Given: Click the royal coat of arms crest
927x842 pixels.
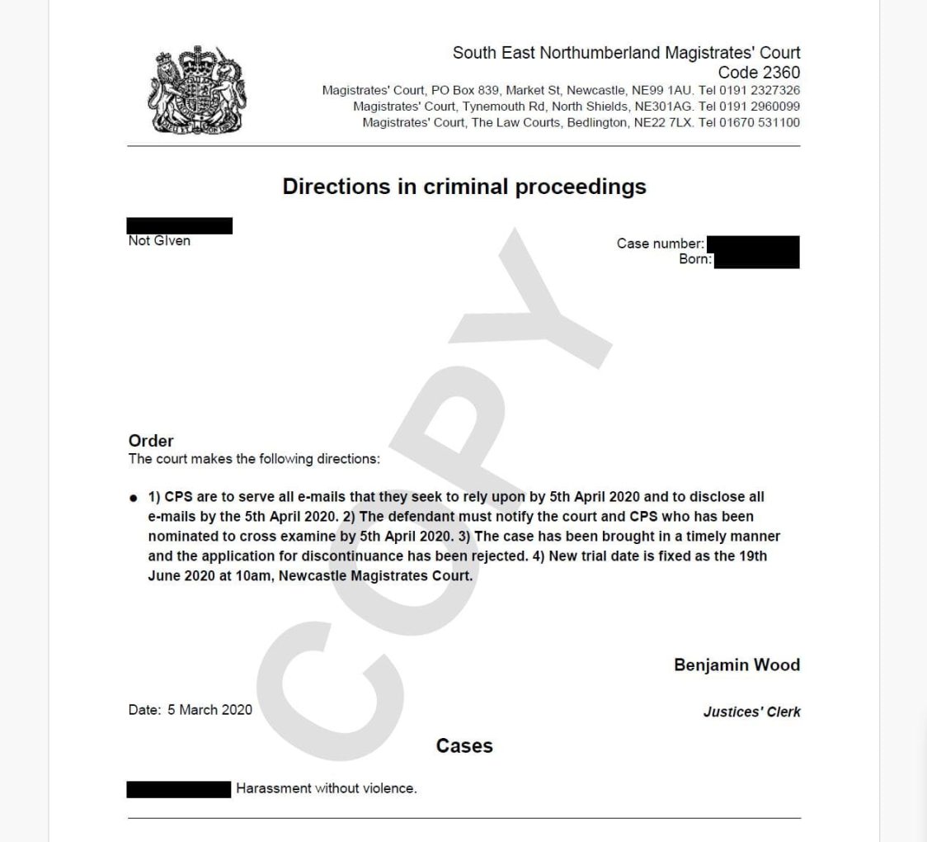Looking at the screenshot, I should coord(197,90).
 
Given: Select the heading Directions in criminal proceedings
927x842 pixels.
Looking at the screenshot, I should coord(464,187).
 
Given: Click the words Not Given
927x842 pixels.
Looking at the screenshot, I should coord(159,240).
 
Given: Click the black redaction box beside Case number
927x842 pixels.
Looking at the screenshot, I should coord(753,244).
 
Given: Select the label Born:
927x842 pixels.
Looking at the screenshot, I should coord(695,259).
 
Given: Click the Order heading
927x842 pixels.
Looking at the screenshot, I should coord(151,441).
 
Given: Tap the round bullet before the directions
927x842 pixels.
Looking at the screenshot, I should coord(134,498).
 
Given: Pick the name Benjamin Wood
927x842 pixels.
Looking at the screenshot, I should coord(736,665).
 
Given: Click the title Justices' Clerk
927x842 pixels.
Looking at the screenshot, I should coord(751,712).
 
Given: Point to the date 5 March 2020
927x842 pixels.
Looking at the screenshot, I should coord(209,709).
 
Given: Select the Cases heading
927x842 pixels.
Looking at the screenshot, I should coord(464,745).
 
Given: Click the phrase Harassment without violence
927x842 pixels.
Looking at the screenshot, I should coord(327,788).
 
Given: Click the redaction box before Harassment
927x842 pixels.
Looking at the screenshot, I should coord(179,789).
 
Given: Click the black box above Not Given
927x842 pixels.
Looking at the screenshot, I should coord(180,225).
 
